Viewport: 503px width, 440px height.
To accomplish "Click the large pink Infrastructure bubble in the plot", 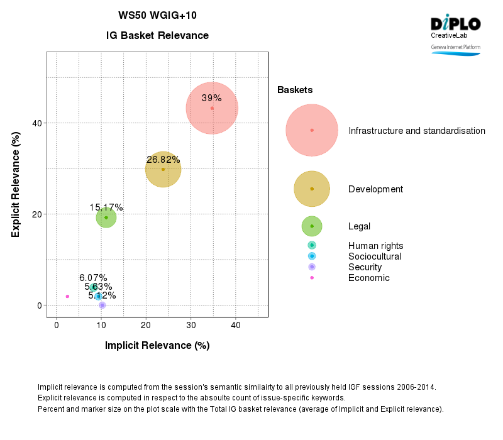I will click(x=212, y=108).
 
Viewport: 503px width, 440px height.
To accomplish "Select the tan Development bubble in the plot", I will click(x=163, y=169).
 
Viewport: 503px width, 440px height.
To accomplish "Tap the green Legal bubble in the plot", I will click(x=106, y=217).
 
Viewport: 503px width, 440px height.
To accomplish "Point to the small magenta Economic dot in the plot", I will click(x=67, y=296).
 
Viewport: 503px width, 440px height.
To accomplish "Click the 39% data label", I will click(x=211, y=98).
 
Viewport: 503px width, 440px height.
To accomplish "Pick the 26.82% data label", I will click(x=163, y=160).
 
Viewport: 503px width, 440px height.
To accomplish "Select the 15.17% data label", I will click(x=106, y=207).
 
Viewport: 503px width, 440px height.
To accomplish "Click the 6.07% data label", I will click(x=93, y=278).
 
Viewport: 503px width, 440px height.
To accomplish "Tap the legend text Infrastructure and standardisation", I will click(x=417, y=131).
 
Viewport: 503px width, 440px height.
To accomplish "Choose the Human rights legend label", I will click(x=375, y=246).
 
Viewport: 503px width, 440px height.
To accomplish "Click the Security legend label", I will click(x=365, y=267).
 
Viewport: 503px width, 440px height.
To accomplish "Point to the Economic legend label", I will click(x=368, y=278).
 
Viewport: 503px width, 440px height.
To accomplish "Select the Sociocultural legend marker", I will click(x=312, y=256).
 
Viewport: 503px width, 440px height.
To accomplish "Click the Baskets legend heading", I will click(x=295, y=90).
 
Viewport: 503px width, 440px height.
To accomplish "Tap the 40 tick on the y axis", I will click(x=38, y=123).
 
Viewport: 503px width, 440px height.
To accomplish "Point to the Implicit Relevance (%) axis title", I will click(x=157, y=345).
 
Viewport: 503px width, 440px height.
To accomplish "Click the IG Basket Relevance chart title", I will click(x=157, y=36).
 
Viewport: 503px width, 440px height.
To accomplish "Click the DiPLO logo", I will click(x=455, y=25).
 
